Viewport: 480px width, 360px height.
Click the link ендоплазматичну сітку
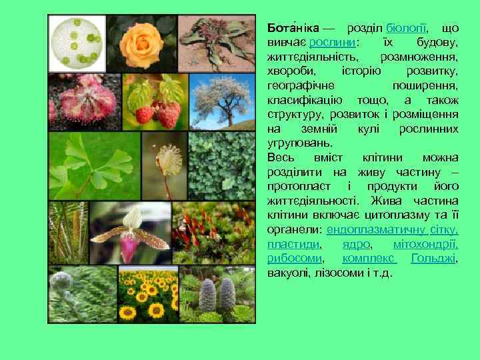[x=393, y=229]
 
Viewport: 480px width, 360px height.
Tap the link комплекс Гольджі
[x=399, y=258]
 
